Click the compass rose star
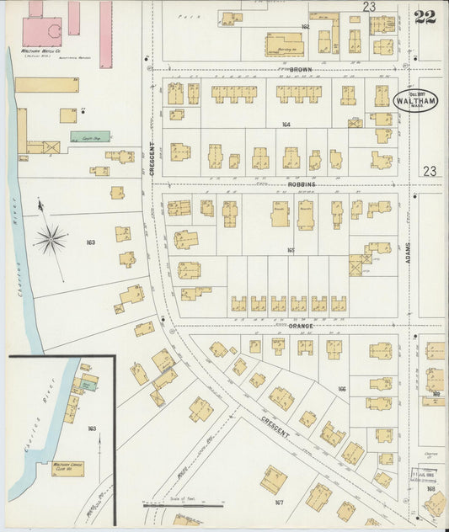[51, 239]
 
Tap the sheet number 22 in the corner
[425, 17]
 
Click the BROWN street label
[301, 69]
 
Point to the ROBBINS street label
[301, 184]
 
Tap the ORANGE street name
[301, 326]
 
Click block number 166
[341, 389]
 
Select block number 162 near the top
[305, 27]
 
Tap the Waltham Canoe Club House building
[67, 466]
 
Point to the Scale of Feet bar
[184, 505]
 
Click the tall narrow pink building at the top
[105, 34]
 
